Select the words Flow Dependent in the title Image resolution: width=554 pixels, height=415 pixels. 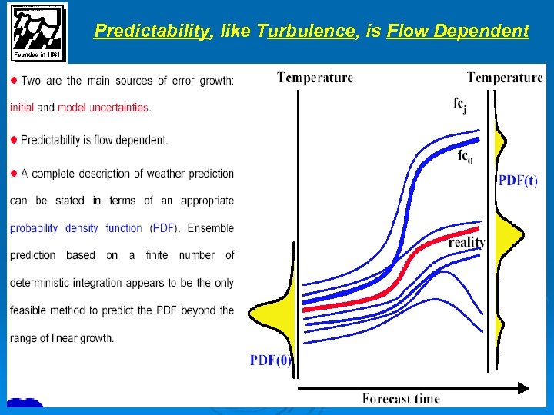point(458,32)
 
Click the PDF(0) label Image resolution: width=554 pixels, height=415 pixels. point(270,360)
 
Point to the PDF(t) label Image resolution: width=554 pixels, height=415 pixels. point(518,181)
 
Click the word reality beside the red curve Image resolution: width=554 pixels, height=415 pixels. point(467,243)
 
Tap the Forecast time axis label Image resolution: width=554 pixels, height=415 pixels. point(401,398)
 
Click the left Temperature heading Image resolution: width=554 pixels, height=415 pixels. point(315,77)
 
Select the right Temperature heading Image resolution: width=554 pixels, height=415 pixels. point(505,77)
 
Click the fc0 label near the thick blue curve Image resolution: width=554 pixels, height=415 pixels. point(465,156)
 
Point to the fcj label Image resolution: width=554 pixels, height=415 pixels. point(459,105)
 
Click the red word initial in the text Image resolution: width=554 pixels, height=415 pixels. point(22,108)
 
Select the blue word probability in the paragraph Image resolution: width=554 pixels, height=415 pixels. point(34,228)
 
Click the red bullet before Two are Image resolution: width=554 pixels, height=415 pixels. point(14,81)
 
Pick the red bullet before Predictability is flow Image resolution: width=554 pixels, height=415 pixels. point(14,140)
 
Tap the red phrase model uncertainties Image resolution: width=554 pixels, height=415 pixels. point(104,108)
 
